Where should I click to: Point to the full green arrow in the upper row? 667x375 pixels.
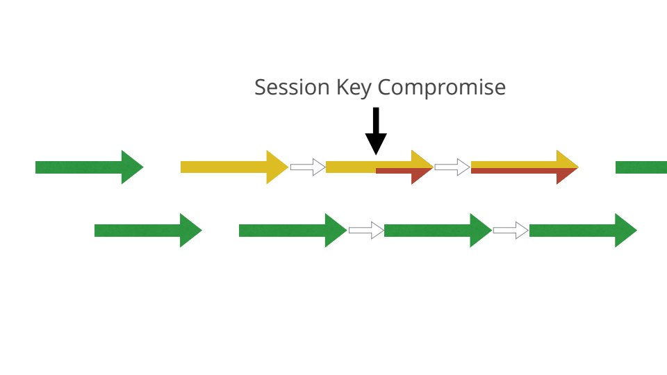[83, 167]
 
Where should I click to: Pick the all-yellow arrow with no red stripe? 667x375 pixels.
[229, 167]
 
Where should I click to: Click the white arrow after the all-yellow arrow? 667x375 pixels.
[307, 167]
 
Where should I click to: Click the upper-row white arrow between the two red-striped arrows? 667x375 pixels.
[452, 167]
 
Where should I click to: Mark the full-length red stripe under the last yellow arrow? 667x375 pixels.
[514, 171]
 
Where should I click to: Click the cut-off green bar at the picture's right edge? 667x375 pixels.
[641, 167]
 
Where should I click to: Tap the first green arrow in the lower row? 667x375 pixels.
[146, 231]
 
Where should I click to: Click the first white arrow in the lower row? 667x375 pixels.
[365, 231]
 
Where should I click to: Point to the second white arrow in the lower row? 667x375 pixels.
[510, 231]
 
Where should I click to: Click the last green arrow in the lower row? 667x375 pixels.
[581, 231]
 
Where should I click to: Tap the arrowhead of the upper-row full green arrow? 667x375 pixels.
[131, 167]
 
